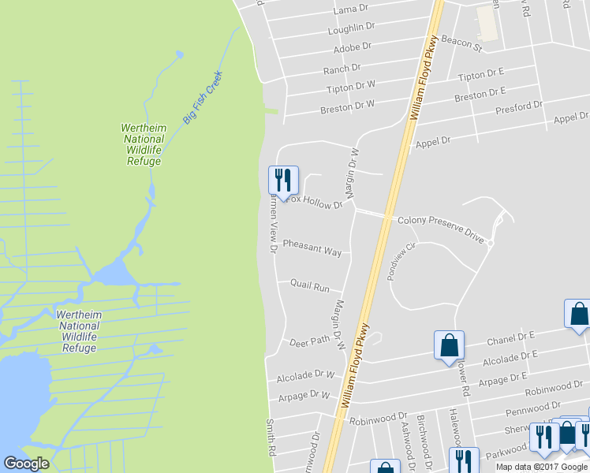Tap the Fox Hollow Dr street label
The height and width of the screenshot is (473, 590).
315,202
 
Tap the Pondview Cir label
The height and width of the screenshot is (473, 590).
400,258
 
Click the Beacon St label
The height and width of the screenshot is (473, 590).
461,42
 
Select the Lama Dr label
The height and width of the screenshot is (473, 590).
351,9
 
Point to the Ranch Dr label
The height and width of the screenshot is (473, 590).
342,69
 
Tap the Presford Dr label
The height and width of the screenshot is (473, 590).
519,106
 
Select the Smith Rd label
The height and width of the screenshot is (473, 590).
270,436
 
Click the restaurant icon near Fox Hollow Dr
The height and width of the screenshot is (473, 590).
282,181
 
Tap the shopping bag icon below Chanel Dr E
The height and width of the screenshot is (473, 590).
449,345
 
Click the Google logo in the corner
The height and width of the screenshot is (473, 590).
26,464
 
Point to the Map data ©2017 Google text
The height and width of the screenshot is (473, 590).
541,467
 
